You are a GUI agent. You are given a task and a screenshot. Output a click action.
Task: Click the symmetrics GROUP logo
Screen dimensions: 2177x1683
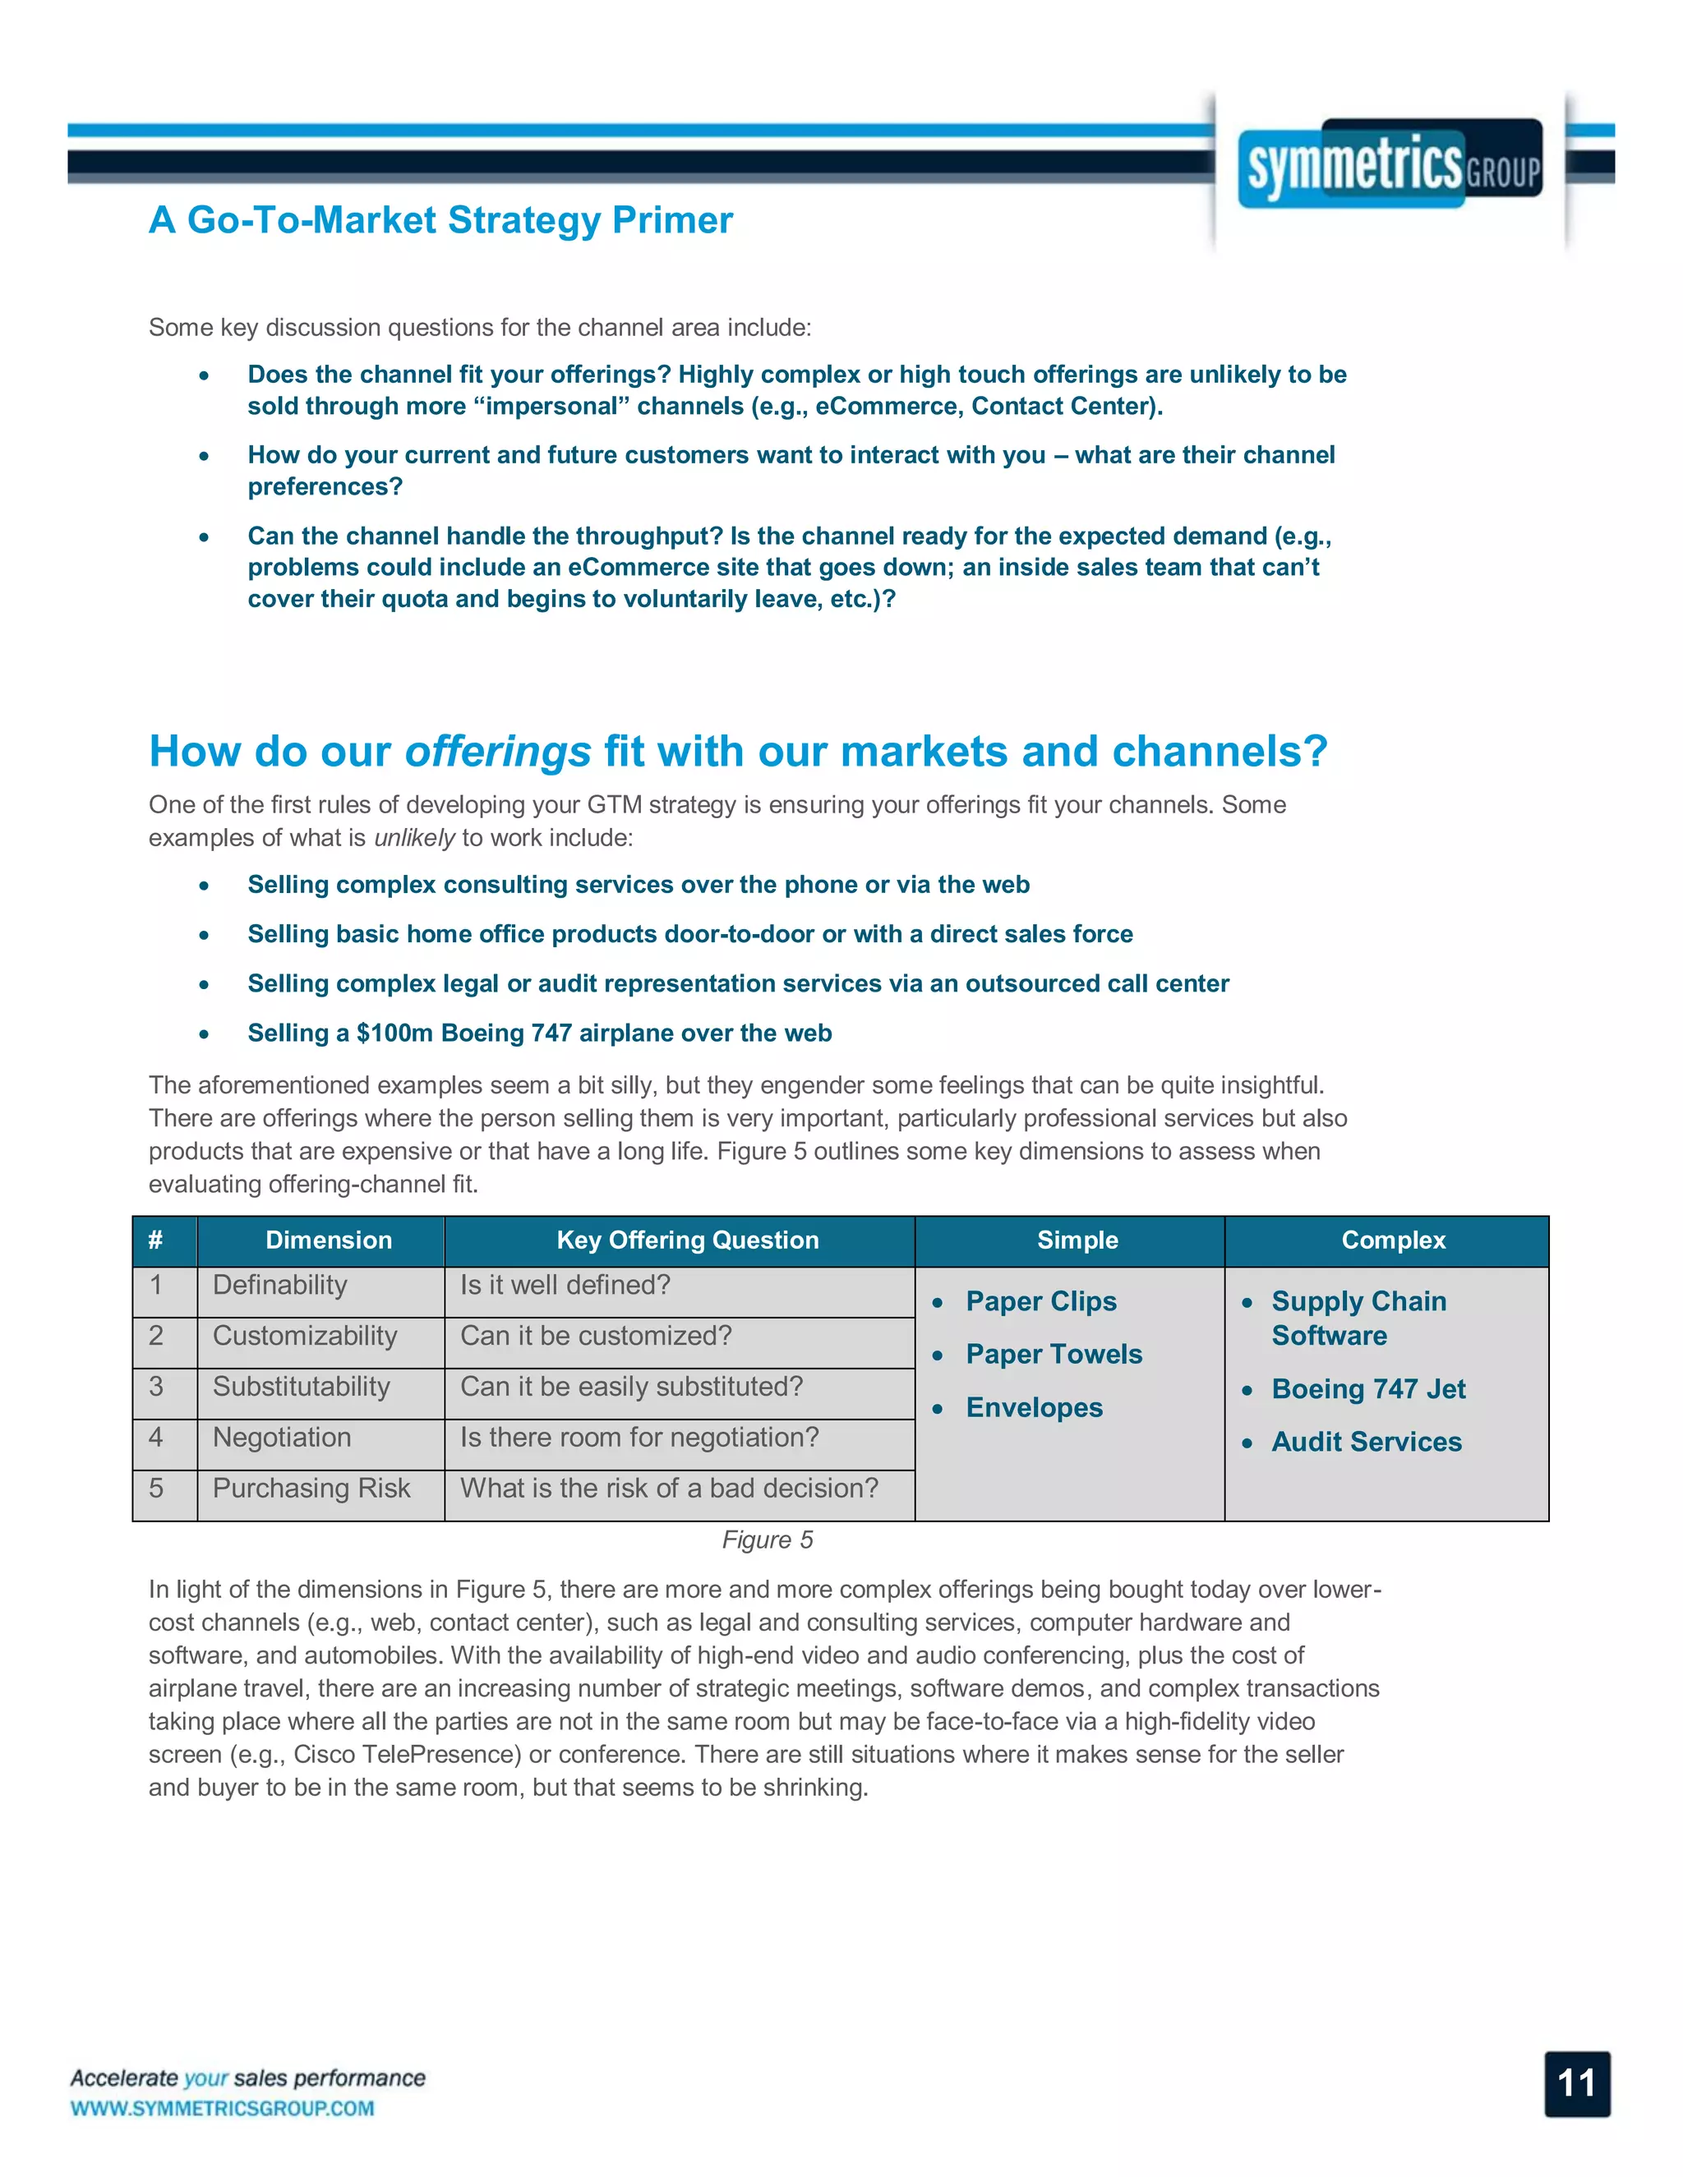[1390, 164]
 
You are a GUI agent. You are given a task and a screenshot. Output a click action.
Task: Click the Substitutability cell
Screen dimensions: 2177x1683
[301, 1387]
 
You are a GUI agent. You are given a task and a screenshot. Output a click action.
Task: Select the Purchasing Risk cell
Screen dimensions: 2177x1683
[311, 1489]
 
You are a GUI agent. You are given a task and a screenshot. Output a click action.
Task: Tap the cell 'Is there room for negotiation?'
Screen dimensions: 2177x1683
[639, 1438]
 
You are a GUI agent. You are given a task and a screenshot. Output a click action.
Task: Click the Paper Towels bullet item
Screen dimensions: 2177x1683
[1053, 1354]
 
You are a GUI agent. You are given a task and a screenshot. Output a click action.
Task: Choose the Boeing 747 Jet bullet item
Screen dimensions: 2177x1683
[1368, 1388]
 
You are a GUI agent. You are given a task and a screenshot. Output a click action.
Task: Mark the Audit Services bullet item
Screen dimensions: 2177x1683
[1366, 1442]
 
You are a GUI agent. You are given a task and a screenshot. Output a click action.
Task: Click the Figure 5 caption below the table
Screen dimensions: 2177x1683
[767, 1540]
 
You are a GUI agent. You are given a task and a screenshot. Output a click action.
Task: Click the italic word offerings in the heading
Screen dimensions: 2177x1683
[497, 752]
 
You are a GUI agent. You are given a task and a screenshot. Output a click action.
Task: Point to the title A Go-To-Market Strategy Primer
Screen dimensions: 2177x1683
[440, 220]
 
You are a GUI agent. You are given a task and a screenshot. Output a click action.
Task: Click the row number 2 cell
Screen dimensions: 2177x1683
[156, 1336]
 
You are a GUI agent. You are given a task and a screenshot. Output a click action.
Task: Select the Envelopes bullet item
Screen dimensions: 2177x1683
[1034, 1407]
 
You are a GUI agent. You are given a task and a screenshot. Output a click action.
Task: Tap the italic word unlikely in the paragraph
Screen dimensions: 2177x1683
[414, 838]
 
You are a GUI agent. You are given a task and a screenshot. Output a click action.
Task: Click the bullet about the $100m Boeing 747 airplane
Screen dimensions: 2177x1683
[539, 1033]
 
